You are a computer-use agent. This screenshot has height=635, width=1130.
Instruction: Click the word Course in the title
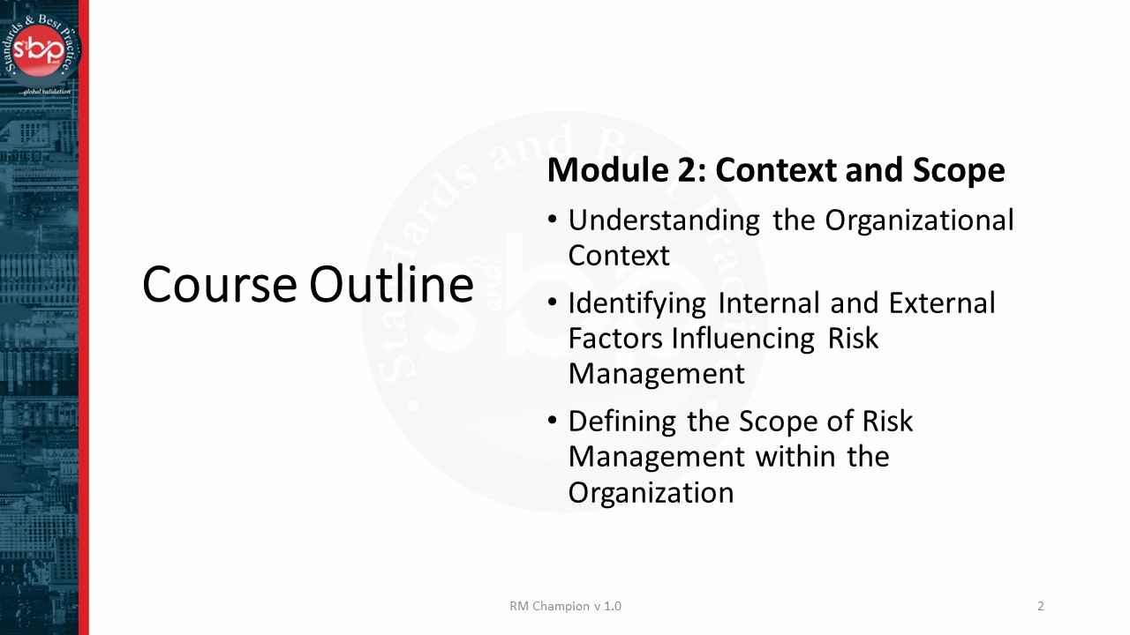pos(220,285)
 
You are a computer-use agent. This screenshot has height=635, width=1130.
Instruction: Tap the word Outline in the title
pos(391,285)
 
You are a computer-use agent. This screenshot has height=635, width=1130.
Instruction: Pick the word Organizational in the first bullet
pos(919,220)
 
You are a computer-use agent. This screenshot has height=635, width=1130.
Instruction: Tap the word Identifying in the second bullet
pos(637,303)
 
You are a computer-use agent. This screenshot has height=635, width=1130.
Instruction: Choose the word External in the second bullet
pos(942,303)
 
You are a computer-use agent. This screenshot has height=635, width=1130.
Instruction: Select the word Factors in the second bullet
pos(615,339)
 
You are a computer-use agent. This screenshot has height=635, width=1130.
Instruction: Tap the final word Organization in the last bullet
pos(651,492)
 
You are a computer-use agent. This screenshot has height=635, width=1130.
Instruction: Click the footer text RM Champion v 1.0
pos(565,606)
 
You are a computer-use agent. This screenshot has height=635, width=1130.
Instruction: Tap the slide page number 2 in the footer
pos(1041,606)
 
